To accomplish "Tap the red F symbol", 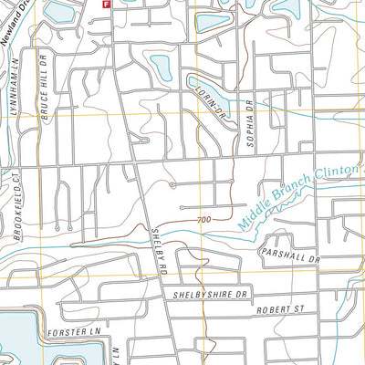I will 106,4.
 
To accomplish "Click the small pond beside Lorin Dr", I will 161,67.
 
